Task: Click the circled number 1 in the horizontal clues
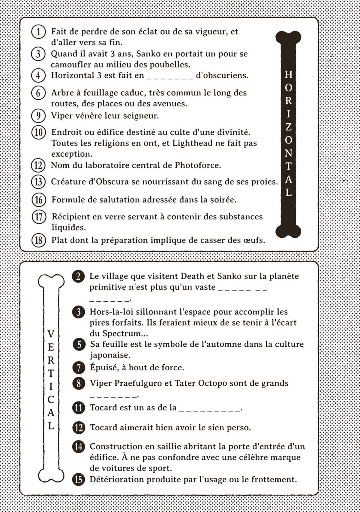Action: point(38,32)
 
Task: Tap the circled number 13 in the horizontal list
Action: point(38,182)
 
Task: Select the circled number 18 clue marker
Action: point(38,240)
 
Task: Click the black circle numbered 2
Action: point(78,276)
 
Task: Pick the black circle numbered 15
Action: point(78,480)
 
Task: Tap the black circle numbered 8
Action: point(79,384)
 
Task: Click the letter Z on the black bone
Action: point(288,127)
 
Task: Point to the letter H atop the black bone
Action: point(288,74)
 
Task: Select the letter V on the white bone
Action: point(51,334)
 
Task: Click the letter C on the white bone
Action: point(51,400)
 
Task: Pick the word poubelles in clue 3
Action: point(170,65)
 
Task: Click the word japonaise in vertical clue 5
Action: point(110,355)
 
